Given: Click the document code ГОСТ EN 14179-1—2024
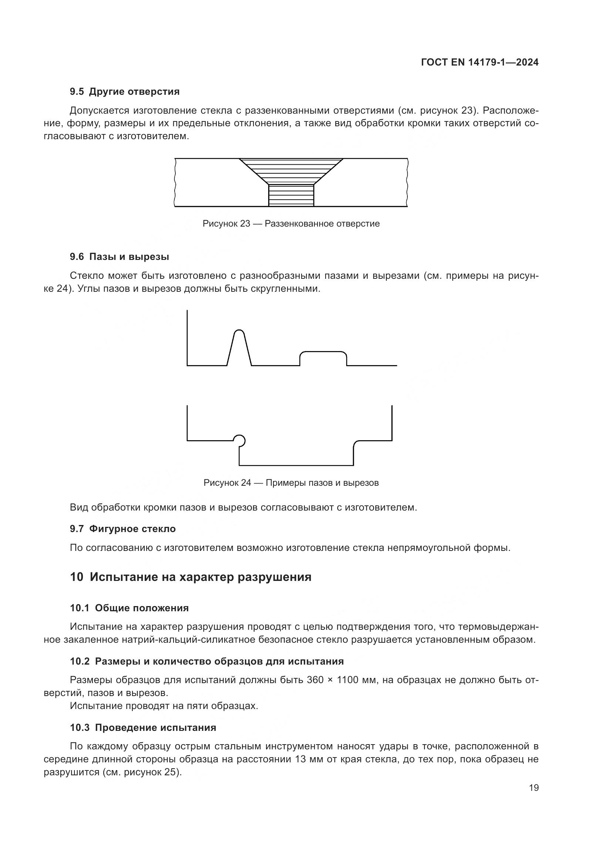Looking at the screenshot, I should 479,63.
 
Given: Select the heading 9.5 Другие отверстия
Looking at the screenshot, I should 124,92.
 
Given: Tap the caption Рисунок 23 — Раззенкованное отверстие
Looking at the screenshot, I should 291,224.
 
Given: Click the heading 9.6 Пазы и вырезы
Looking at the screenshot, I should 119,257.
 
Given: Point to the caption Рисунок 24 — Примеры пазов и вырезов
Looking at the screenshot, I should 291,483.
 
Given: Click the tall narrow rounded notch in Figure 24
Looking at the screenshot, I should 239,345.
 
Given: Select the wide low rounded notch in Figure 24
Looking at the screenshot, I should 323,357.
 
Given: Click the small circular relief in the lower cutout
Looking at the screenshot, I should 239,440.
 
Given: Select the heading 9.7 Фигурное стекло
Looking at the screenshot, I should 123,529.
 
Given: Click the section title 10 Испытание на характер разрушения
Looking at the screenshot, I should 191,577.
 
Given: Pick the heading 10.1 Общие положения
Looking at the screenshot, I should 129,608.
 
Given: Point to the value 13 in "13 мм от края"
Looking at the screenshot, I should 301,759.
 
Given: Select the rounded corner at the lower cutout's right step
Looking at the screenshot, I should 356,443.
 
